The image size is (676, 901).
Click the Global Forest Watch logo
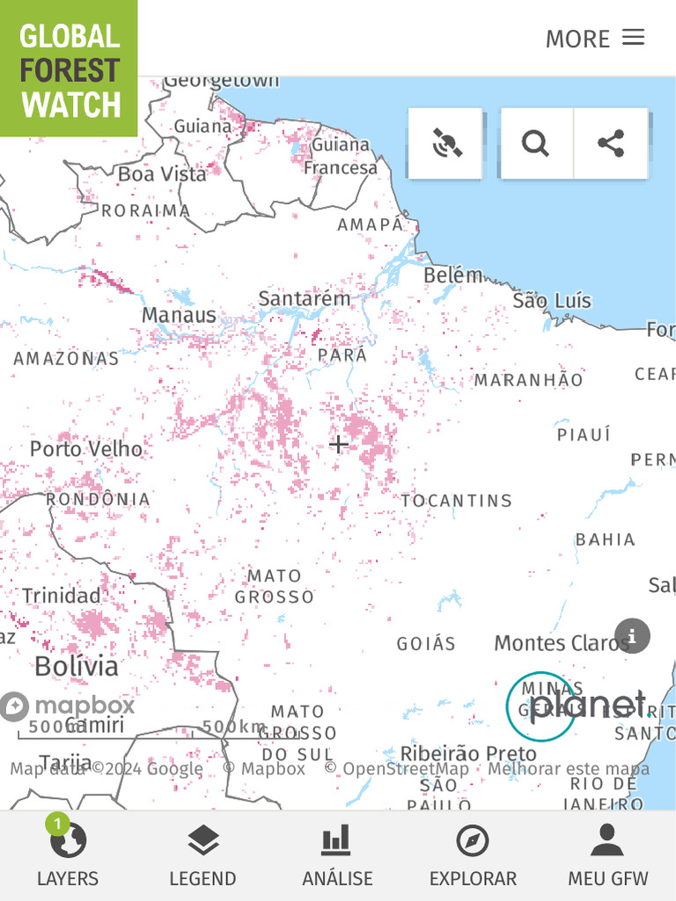pos(69,69)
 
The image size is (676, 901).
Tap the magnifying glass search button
pos(535,143)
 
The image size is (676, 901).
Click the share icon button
pos(611,143)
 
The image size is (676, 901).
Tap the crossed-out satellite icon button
pos(446,143)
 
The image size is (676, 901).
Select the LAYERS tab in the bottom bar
pos(68,854)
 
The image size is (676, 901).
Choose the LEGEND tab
pos(202,854)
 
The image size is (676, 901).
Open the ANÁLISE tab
pos(337,854)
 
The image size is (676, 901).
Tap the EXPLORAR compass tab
pos(473,854)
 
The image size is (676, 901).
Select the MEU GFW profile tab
pos(607,854)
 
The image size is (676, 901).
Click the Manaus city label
pos(179,315)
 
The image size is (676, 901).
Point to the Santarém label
pos(305,299)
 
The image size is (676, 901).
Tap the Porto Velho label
pos(85,449)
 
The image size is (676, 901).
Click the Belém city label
pos(453,275)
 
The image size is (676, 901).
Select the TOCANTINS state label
pos(456,501)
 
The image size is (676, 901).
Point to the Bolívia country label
pos(77,665)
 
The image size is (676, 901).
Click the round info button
pos(632,635)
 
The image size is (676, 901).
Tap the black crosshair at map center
pos(339,444)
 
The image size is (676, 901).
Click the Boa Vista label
pos(162,174)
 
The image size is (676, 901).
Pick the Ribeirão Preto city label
pos(468,754)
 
